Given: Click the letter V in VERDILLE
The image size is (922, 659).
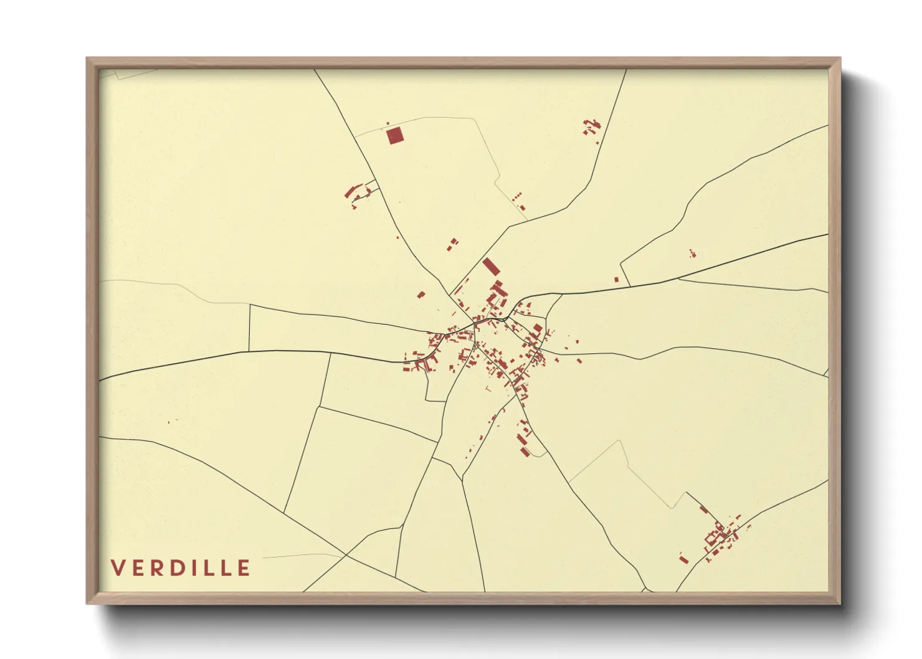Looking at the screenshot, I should (118, 568).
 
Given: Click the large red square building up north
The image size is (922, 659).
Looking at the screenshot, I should (394, 135).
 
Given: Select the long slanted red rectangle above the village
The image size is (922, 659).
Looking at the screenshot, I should (491, 267).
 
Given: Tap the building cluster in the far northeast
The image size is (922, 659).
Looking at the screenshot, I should (591, 126).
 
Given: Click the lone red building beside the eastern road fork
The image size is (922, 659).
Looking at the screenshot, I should (617, 280).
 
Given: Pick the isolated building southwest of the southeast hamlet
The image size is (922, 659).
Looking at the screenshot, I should (684, 558).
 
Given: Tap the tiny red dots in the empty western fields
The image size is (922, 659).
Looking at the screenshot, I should (169, 422).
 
